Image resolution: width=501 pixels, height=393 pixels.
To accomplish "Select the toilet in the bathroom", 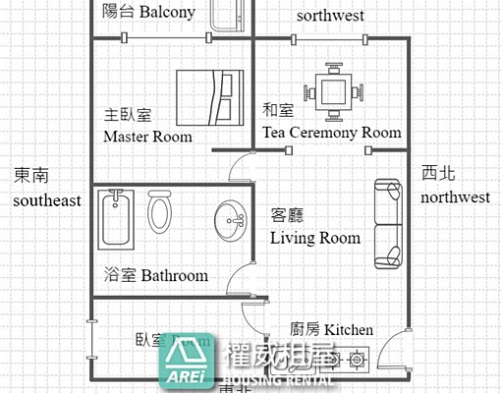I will (160, 214).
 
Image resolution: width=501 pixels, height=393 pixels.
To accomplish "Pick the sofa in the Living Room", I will (387, 224).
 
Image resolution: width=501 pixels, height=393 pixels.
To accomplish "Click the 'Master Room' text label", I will (147, 137).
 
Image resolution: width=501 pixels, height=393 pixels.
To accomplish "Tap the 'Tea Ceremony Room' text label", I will (331, 133).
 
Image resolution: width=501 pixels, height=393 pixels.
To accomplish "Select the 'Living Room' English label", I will (315, 238).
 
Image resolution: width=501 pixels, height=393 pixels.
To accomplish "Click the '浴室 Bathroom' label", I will (155, 276).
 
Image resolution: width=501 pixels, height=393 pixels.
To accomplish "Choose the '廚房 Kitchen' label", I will (332, 329).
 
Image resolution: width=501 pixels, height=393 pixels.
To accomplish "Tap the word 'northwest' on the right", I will (455, 197).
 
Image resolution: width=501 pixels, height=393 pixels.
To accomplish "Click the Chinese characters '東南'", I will (31, 175).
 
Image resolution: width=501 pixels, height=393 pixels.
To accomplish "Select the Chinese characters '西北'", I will (438, 174).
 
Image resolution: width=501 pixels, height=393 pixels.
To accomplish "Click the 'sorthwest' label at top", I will (330, 16).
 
